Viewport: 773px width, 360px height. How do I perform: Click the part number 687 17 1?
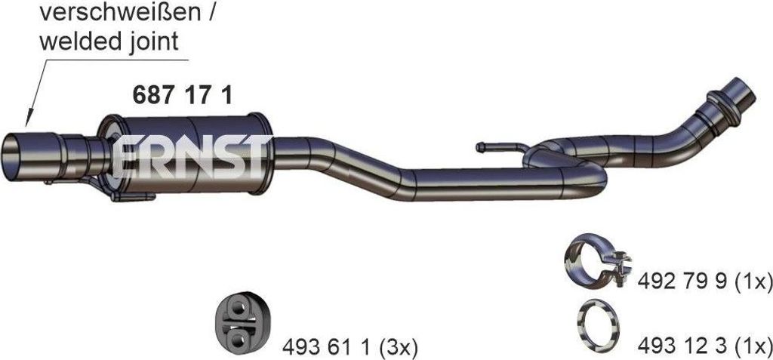pos(182,95)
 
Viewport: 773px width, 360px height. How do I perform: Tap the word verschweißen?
pos(121,14)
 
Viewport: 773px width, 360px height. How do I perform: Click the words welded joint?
pos(109,42)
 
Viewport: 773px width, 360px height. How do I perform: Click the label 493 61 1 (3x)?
pos(350,349)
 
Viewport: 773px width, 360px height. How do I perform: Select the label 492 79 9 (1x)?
pos(704,282)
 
